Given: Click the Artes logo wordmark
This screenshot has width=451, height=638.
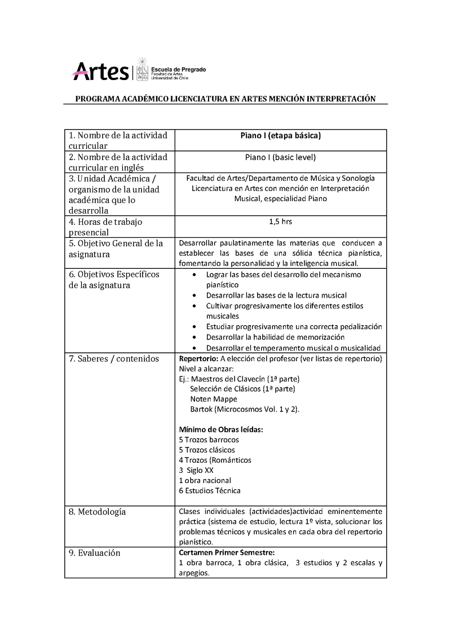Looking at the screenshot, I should tap(101, 72).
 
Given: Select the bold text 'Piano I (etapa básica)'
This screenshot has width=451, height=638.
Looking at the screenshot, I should tap(280, 136).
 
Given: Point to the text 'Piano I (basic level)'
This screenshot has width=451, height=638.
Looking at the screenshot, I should tap(280, 157).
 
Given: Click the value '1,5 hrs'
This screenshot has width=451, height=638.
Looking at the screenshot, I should tap(281, 221).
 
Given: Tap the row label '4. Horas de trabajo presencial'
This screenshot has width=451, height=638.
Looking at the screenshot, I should tap(105, 227).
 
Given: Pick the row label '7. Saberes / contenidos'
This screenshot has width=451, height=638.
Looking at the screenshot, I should tap(114, 358).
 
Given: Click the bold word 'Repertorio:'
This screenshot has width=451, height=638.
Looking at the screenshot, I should tap(198, 358).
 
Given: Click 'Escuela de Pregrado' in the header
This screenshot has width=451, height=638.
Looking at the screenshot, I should tap(179, 69).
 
